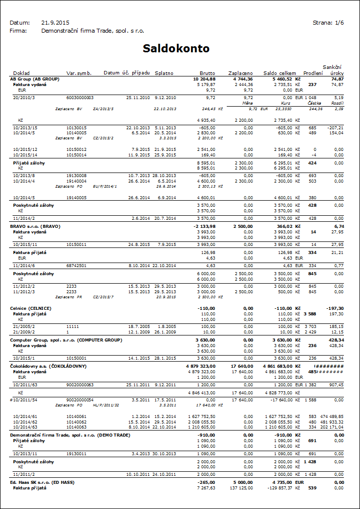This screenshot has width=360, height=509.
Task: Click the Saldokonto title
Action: point(176,49)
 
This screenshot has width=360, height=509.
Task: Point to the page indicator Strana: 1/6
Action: point(328,23)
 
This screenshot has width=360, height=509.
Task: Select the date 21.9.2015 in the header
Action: point(55,23)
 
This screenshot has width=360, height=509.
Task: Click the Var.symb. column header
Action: point(79,73)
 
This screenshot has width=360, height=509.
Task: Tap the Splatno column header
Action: point(165,73)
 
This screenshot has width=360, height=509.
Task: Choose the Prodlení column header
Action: point(313,73)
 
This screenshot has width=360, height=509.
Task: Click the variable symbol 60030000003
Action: point(80,97)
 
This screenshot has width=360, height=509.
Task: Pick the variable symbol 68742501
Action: point(76,265)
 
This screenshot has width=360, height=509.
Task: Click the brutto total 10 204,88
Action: point(204,79)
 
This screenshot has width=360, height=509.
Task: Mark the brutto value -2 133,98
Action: point(205,226)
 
